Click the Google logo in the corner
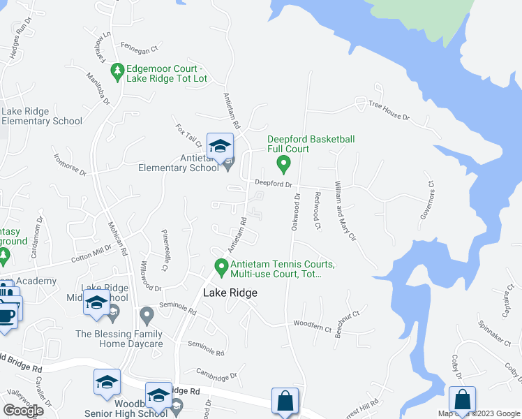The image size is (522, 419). (23, 411)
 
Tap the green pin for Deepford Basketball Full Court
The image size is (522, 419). (283, 165)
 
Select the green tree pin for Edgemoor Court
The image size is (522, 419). (117, 71)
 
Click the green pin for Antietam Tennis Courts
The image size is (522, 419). (221, 267)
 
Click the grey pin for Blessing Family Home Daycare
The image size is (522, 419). (147, 316)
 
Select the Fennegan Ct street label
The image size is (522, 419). (141, 49)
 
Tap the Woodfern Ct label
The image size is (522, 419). (311, 324)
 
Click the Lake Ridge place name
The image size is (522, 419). (230, 293)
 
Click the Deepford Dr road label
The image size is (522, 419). (271, 185)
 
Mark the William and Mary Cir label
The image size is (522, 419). (345, 210)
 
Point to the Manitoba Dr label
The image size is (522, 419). (98, 88)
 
